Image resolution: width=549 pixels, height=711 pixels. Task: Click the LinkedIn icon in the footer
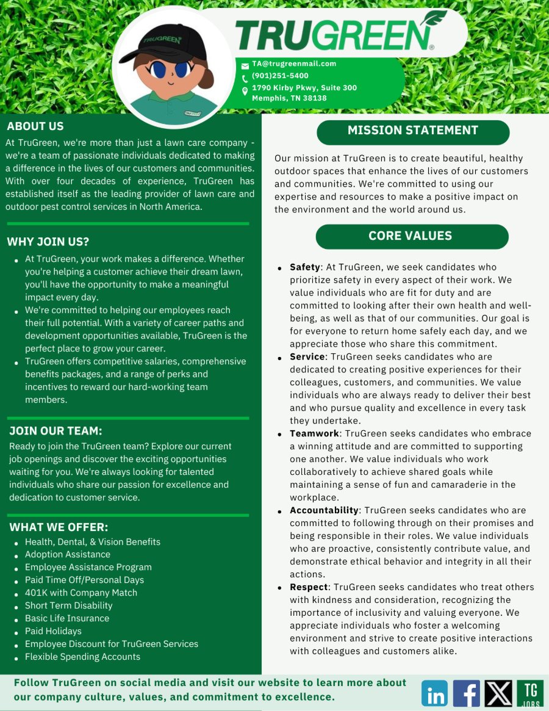pos(434,693)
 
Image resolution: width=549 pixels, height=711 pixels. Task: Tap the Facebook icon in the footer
pos(467,693)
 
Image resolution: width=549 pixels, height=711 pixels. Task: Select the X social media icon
pos(498,693)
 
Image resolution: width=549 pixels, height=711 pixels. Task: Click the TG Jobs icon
pos(530,693)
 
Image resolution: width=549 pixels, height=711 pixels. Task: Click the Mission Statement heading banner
pos(412,131)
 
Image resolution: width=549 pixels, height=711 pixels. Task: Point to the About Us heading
pos(35,126)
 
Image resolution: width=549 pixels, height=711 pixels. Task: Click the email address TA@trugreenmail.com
pos(294,63)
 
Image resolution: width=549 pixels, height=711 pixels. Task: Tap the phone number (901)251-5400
pos(280,76)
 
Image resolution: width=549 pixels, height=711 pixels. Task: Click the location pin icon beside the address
pos(245,92)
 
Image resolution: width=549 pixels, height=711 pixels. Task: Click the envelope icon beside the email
pos(245,65)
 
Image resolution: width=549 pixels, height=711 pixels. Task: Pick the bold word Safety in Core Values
pos(304,267)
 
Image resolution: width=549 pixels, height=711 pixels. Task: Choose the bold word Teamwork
pos(314,433)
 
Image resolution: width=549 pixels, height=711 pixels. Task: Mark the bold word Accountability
pos(324,510)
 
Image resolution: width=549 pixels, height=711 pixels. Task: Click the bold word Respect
pos(309,587)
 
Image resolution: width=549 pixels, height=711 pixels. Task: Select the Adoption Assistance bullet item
pos(68,555)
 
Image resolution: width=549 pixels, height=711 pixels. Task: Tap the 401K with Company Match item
pos(81,593)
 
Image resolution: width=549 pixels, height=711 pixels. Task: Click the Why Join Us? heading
pos(48,242)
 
